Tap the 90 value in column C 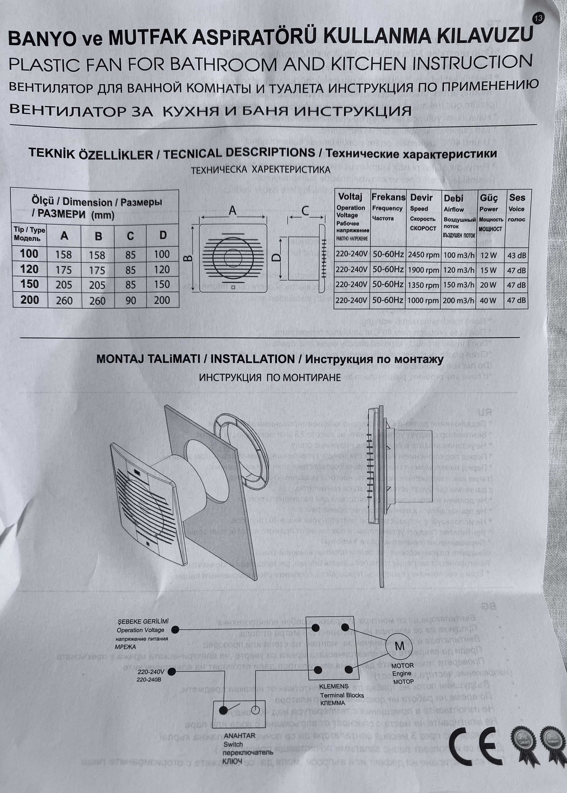(131, 300)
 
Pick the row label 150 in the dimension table (29, 284)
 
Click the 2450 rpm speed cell (423, 255)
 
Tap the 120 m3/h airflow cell (459, 270)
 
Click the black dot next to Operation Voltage (176, 630)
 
